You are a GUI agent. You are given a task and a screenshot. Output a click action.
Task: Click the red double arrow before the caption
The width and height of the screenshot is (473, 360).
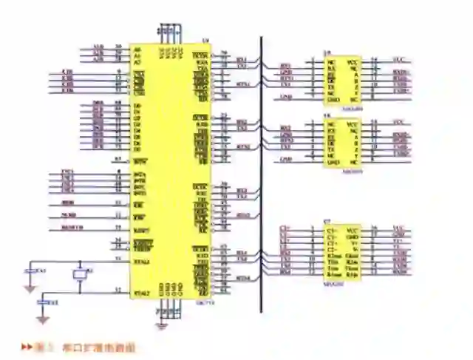[x=26, y=346]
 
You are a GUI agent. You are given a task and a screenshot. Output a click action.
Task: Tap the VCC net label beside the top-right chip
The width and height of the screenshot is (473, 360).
[x=399, y=59]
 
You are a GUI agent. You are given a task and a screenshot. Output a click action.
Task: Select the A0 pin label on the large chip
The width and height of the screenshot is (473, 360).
[x=137, y=49]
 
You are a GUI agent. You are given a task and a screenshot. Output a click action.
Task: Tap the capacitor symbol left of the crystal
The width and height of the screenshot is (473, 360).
[x=30, y=271]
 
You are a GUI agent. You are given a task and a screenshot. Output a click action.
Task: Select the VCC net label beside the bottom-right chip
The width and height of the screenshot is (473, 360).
[x=399, y=229]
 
